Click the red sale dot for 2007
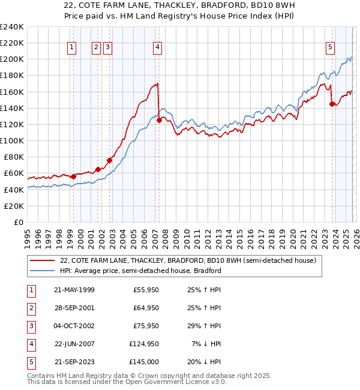point(159,120)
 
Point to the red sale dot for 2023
point(332,104)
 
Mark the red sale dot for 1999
point(73,176)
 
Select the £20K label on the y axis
point(13,206)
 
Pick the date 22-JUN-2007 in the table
point(74,344)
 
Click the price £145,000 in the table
point(144,362)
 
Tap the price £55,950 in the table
point(144,290)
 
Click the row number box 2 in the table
point(30,308)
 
